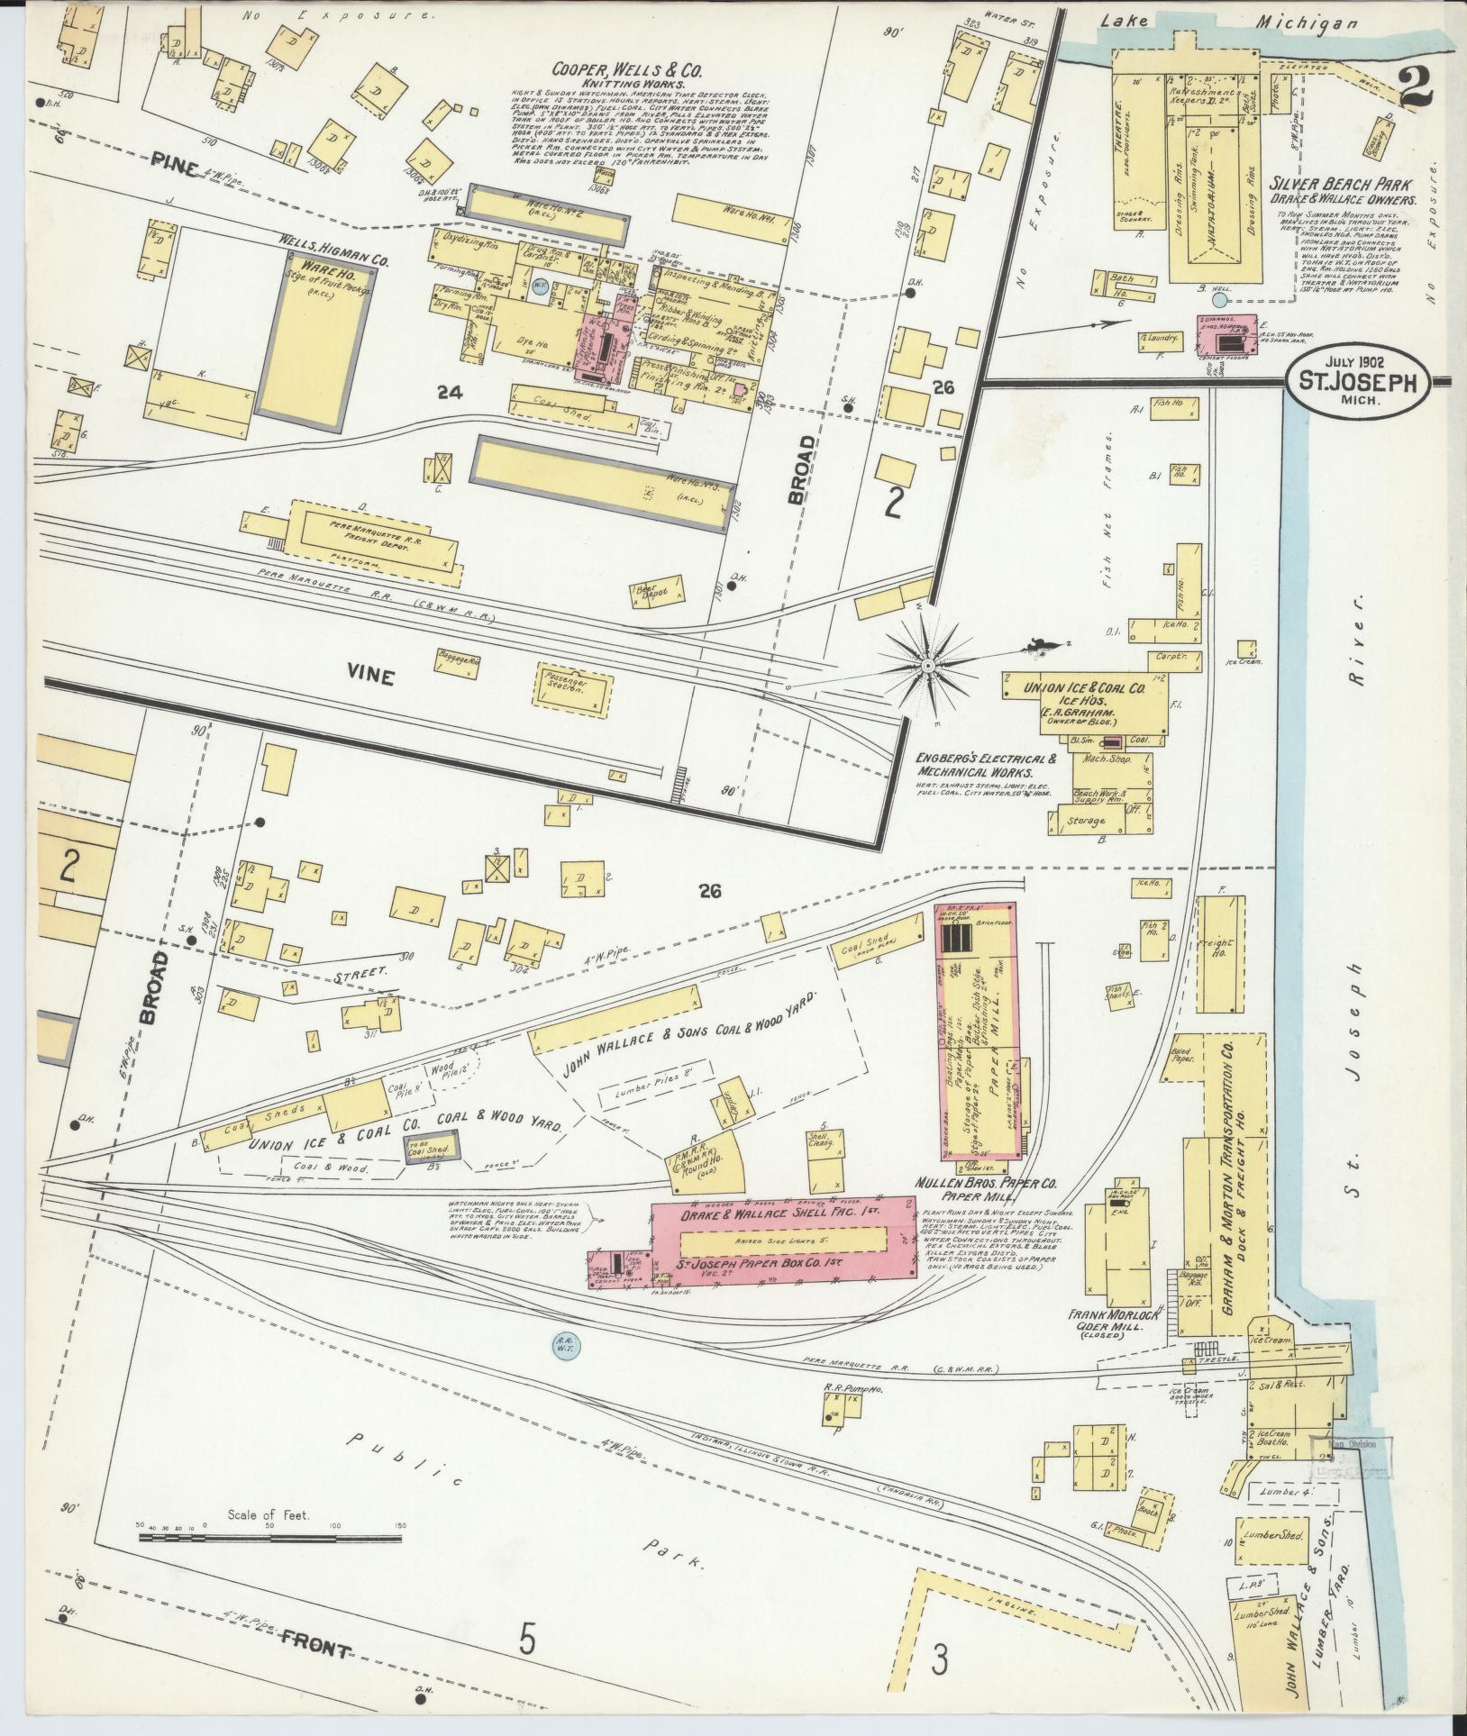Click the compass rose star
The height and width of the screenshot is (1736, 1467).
[x=926, y=665]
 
